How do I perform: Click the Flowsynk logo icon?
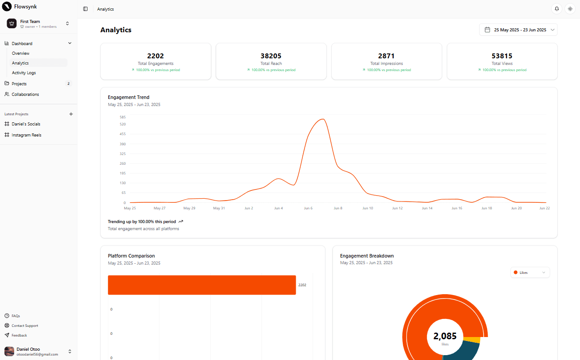[x=7, y=7]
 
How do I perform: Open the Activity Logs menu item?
[x=24, y=73]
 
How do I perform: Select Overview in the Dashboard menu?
[x=21, y=53]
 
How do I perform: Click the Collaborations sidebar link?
[x=25, y=95]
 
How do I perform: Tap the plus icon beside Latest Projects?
[x=71, y=114]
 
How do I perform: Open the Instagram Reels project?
[x=27, y=135]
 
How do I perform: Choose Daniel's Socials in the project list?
[x=26, y=124]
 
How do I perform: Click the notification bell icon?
[x=557, y=9]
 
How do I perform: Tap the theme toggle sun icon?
[x=570, y=9]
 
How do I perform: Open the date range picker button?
[x=519, y=30]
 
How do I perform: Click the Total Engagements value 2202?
[x=156, y=56]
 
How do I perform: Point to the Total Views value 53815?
[x=502, y=56]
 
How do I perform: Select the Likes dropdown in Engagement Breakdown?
[x=530, y=273]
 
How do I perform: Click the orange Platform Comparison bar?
[x=202, y=285]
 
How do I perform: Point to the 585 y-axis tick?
[x=122, y=117]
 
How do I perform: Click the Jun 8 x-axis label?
[x=338, y=208]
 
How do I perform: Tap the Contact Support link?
[x=25, y=326]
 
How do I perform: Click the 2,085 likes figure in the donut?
[x=445, y=336]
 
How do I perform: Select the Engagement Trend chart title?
[x=129, y=97]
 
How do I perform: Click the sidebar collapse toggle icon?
[x=85, y=9]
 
